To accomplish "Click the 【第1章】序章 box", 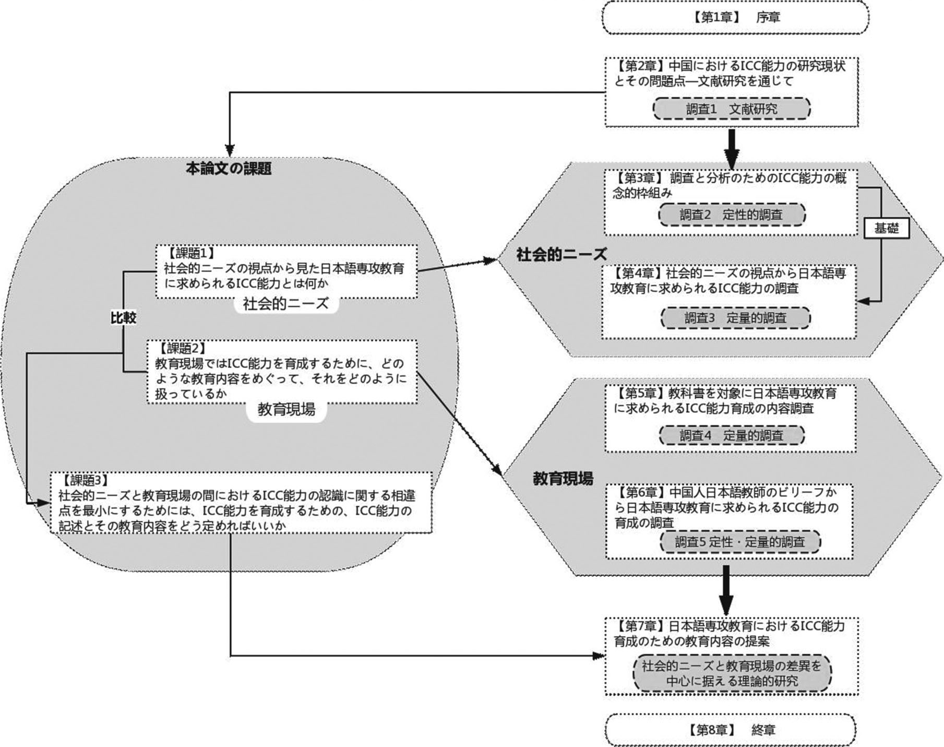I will [735, 18].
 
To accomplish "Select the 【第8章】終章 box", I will [731, 729].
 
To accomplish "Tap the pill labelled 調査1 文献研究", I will [731, 109].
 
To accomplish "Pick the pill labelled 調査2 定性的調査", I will [731, 215].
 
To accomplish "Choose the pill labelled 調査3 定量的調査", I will [735, 318].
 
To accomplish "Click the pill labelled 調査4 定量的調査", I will [731, 435].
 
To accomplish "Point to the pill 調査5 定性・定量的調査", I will [739, 542].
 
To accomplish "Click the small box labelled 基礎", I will [886, 229].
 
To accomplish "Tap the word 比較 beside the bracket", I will [123, 317].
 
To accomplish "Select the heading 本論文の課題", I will [229, 169].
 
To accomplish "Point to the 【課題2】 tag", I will [182, 348].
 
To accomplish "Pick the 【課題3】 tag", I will [85, 480].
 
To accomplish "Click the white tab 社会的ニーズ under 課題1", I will [285, 304].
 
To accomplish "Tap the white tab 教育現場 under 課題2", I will [286, 409].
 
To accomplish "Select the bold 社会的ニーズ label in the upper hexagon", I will [561, 254].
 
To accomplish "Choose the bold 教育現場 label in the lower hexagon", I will [563, 478].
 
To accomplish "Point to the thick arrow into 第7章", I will [725, 589].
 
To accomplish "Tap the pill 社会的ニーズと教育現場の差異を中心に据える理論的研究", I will [732, 673].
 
